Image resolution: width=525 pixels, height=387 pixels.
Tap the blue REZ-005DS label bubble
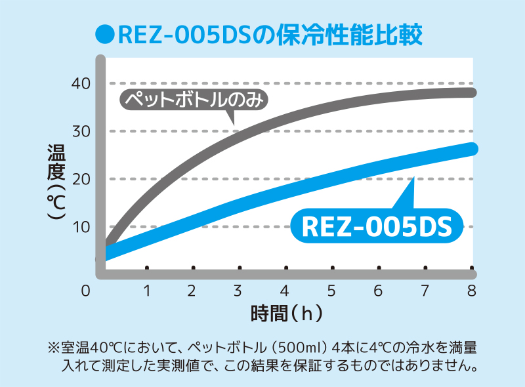pos(377,226)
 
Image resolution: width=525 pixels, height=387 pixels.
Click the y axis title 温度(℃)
pos(56,182)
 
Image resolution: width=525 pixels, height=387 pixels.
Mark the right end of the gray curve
pos(472,92)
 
